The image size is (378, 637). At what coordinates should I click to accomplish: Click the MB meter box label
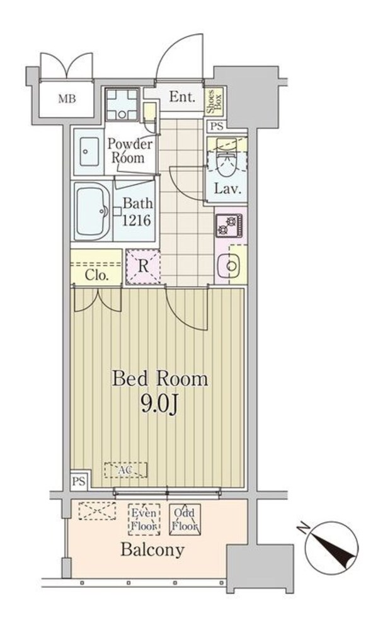point(67,98)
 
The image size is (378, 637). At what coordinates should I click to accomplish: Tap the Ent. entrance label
point(182,96)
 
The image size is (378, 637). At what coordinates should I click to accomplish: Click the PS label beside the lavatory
point(217,126)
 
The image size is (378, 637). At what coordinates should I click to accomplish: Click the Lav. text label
point(228,188)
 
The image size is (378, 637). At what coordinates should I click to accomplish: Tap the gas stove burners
point(229,226)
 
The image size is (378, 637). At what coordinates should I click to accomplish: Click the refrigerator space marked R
point(143,267)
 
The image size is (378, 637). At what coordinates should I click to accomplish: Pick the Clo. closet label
point(96,276)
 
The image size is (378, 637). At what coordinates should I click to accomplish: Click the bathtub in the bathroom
point(92,211)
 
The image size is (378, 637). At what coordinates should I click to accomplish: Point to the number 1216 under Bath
point(137,220)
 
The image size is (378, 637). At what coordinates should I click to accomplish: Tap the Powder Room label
point(130,151)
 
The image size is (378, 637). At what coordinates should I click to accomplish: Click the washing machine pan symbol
point(122,105)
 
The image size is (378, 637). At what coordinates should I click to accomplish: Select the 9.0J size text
point(159,405)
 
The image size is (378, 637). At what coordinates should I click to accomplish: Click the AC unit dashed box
point(126,470)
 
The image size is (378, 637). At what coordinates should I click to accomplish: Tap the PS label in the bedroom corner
point(79,481)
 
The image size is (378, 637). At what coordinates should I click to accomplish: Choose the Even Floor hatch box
point(144,520)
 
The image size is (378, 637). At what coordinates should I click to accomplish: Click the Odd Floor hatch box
point(185,520)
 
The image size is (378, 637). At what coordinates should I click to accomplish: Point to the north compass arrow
point(332,546)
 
